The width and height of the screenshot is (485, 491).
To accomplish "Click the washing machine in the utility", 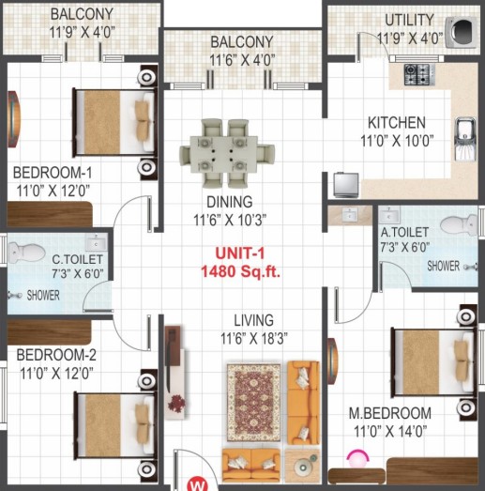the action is click(462, 32).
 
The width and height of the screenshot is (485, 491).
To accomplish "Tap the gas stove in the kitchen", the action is click(419, 74).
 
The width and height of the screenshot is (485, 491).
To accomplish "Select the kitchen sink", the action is click(465, 139).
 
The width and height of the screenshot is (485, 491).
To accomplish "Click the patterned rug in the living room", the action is click(254, 403).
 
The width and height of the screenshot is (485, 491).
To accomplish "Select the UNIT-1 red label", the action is click(240, 253).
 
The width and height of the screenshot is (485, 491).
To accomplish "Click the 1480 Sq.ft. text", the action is click(240, 271).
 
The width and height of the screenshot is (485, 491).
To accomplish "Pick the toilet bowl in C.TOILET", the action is click(26, 252).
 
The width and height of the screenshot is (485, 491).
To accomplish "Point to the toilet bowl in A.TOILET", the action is click(459, 224).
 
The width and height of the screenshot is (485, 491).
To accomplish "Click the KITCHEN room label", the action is click(397, 122).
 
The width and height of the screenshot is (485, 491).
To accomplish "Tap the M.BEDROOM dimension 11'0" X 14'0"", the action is click(390, 432).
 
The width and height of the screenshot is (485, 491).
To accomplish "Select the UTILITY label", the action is click(409, 20).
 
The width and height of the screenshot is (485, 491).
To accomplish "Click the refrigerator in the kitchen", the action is click(346, 185).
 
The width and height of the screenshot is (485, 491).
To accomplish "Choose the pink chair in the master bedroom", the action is click(357, 458).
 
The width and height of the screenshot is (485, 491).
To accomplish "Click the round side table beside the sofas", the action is click(303, 467).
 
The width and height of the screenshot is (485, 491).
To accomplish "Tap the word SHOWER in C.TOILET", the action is click(43, 296).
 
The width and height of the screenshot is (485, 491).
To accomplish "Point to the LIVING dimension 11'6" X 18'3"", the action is click(254, 339).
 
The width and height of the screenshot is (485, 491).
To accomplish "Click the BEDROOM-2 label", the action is click(56, 355).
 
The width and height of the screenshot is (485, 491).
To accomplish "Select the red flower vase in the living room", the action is click(176, 403).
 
